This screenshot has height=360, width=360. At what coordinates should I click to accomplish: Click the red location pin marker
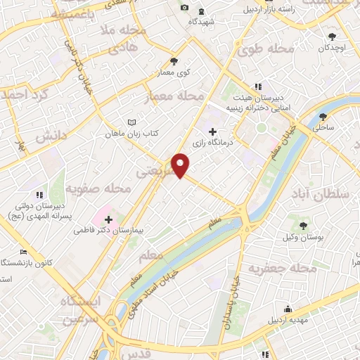[181, 165]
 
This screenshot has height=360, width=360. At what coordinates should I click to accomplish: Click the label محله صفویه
[99, 188]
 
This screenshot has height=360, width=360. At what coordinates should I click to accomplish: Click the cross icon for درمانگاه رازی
[212, 131]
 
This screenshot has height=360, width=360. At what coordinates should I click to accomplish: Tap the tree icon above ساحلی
[323, 117]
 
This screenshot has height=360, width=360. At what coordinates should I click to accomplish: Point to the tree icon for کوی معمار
[174, 60]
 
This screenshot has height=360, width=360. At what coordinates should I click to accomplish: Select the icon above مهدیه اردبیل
[288, 309]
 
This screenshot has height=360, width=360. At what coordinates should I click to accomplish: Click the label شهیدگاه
[202, 22]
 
